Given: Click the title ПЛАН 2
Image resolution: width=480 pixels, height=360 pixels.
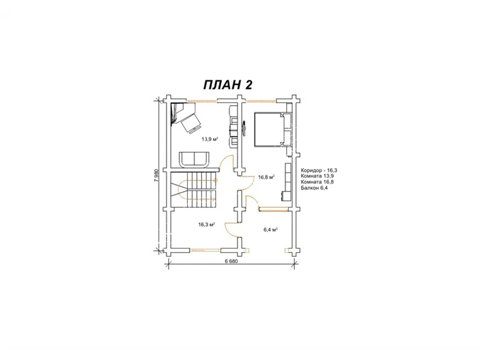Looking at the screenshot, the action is click(228, 85).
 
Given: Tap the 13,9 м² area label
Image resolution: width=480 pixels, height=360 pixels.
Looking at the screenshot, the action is click(209, 139).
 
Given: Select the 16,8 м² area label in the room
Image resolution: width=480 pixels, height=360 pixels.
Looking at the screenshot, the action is click(266, 177).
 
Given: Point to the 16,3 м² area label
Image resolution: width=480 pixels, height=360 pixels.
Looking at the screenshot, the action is click(206, 224).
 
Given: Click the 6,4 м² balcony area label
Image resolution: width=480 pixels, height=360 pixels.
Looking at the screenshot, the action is click(271, 229).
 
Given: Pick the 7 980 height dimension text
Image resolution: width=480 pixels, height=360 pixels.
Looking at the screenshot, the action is click(157, 175).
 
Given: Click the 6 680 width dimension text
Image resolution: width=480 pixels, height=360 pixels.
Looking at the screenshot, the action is click(231, 261).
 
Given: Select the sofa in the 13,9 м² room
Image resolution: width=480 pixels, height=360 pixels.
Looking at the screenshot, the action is click(194, 160).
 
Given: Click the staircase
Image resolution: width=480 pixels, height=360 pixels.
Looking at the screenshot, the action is click(193, 190).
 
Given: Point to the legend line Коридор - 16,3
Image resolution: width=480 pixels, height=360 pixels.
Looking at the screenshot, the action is click(319, 170).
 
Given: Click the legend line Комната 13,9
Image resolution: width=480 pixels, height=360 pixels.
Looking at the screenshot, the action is click(317, 176).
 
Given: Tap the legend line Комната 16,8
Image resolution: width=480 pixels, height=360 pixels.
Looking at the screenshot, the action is click(317, 182).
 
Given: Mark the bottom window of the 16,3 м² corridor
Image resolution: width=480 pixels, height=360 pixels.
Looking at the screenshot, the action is click(206, 250).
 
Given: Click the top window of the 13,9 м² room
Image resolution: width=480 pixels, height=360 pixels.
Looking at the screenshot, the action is click(202, 100).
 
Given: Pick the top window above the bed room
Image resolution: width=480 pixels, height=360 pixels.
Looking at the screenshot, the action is click(262, 100).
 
